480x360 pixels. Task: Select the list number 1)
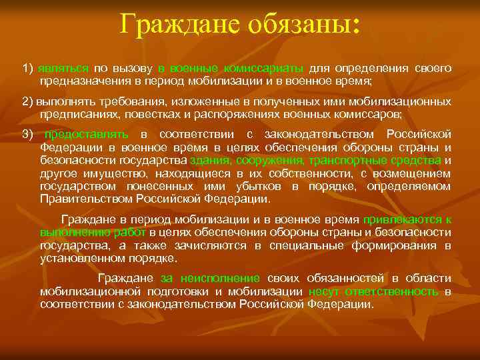[x=28, y=68]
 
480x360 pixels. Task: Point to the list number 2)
[x=28, y=101]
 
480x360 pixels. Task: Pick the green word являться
[x=63, y=68]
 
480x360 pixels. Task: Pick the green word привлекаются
[x=400, y=219]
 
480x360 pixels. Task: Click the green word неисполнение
[x=219, y=278]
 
